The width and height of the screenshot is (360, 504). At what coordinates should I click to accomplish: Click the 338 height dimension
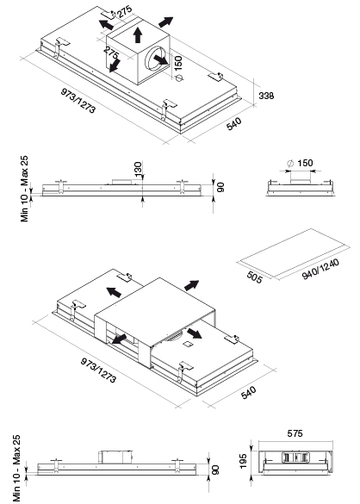tap(266, 96)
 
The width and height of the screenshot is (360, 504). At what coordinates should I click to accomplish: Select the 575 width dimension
tap(295, 433)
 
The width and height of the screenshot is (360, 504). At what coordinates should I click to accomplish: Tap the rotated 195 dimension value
tap(244, 461)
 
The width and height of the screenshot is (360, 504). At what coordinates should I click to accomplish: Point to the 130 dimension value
tap(138, 170)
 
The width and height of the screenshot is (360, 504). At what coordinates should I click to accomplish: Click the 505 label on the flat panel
tap(255, 277)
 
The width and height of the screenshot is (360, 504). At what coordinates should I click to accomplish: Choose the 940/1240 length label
tap(320, 270)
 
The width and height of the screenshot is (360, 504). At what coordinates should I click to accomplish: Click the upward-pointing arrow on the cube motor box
tap(138, 34)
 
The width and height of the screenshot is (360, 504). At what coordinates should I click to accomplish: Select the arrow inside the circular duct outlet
tap(161, 59)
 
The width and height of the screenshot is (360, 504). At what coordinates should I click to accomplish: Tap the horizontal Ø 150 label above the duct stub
tap(300, 163)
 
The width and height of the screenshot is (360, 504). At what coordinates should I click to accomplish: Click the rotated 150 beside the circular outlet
tap(177, 63)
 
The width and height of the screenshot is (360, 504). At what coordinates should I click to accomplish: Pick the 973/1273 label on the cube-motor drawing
tap(78, 101)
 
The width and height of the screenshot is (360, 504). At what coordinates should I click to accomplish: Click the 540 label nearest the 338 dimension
tap(233, 124)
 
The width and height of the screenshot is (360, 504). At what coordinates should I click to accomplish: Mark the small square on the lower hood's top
tap(187, 345)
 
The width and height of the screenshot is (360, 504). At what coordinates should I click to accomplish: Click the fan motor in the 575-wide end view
tap(296, 457)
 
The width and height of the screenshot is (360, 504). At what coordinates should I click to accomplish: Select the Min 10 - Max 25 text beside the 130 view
tap(24, 189)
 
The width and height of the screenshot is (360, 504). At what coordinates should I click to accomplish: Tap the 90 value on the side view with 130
tap(221, 187)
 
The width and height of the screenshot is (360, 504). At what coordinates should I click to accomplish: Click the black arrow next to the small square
tap(195, 333)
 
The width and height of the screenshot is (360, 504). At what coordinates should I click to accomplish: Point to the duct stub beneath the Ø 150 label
tap(301, 177)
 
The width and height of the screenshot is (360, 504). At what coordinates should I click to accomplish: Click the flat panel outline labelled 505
tap(294, 253)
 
